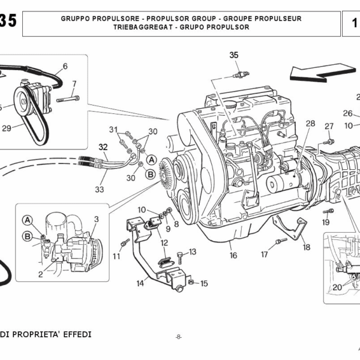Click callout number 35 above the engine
click(234, 55)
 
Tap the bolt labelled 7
click(68, 98)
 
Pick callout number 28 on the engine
click(310, 124)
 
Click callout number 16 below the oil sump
click(233, 256)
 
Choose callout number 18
click(306, 247)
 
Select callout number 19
click(326, 222)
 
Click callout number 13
click(193, 252)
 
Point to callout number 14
click(140, 282)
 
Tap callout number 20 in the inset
click(337, 287)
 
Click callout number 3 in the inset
click(95, 220)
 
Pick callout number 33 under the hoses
click(99, 190)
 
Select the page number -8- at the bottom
click(178, 337)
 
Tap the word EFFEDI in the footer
click(74, 334)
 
